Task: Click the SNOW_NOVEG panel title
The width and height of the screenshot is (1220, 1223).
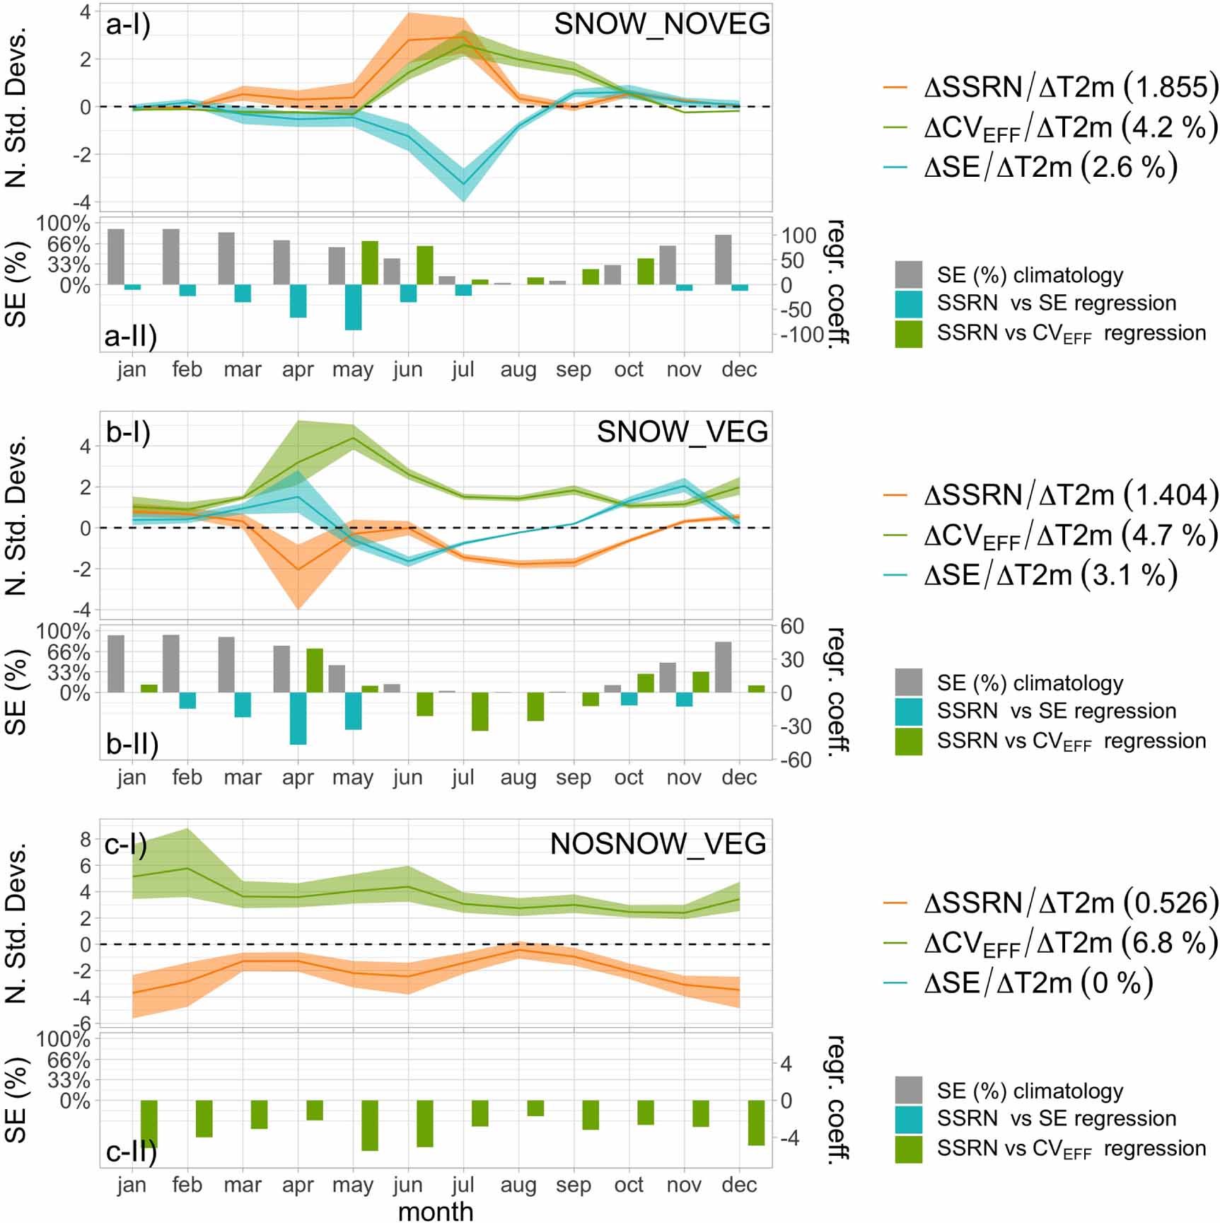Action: (661, 24)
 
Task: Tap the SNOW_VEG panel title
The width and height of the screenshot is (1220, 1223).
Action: (682, 431)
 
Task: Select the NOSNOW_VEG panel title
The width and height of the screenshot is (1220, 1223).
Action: (658, 843)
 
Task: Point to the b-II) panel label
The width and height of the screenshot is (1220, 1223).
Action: (132, 743)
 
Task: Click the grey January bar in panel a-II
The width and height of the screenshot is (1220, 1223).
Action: (116, 257)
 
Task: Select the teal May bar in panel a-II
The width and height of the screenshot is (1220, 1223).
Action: (353, 307)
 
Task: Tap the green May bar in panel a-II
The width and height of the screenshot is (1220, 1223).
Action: (370, 263)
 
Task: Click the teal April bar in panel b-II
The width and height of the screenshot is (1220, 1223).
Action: (298, 718)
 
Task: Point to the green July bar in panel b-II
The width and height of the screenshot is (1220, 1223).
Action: (480, 711)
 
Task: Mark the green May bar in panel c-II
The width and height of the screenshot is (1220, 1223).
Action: (370, 1125)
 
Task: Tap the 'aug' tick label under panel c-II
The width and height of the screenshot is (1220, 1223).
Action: (518, 1184)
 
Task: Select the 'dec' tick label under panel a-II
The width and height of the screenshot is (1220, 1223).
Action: (739, 369)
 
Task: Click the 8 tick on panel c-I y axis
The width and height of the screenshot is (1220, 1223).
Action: (86, 840)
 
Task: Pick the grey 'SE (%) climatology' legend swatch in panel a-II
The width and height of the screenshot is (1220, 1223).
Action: (908, 274)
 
